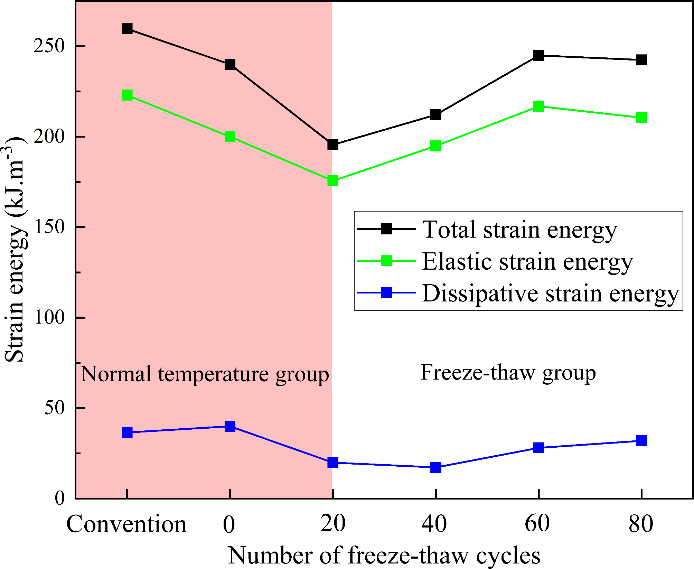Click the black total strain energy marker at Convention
tap(127, 29)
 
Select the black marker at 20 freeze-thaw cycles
tap(332, 145)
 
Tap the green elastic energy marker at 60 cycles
tap(538, 106)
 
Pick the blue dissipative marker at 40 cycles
tap(436, 467)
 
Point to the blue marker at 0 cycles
tap(230, 426)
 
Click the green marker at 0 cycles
tap(230, 137)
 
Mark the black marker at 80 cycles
tap(641, 60)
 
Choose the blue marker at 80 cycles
tap(641, 441)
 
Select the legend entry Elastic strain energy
tap(527, 261)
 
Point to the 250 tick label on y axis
tap(49, 46)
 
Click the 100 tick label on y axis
tap(49, 317)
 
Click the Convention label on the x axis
tap(126, 524)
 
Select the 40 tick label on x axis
tap(434, 523)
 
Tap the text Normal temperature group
tap(205, 374)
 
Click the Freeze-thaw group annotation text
tap(508, 373)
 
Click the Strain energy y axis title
tap(15, 249)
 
